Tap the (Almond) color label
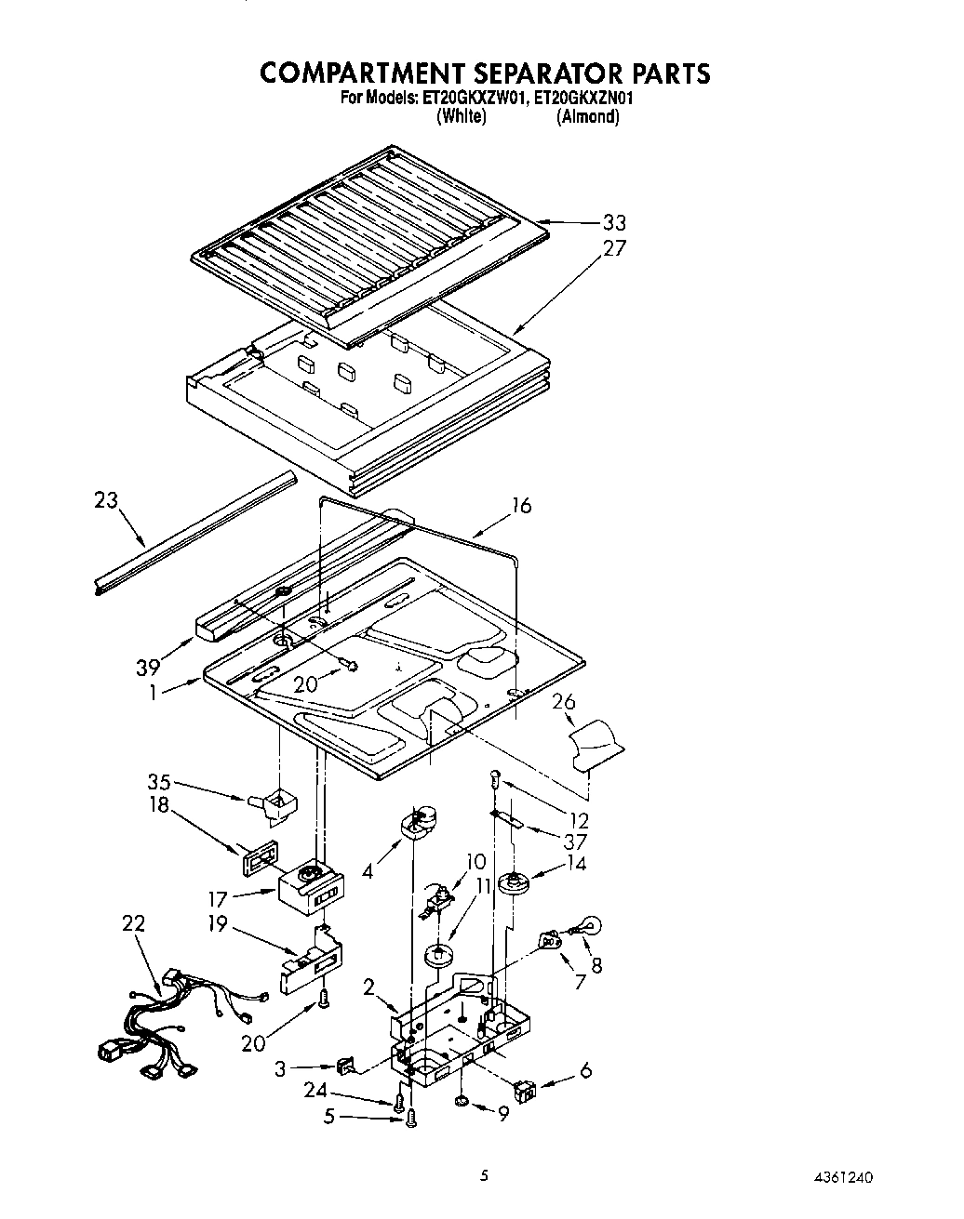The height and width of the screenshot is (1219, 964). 587,117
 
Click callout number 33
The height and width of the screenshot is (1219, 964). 613,222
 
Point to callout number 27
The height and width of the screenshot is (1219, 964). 614,248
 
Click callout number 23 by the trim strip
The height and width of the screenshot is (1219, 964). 106,500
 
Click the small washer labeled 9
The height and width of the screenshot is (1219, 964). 462,1101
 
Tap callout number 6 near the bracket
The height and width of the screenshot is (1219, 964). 585,1070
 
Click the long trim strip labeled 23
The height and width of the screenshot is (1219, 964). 195,533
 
